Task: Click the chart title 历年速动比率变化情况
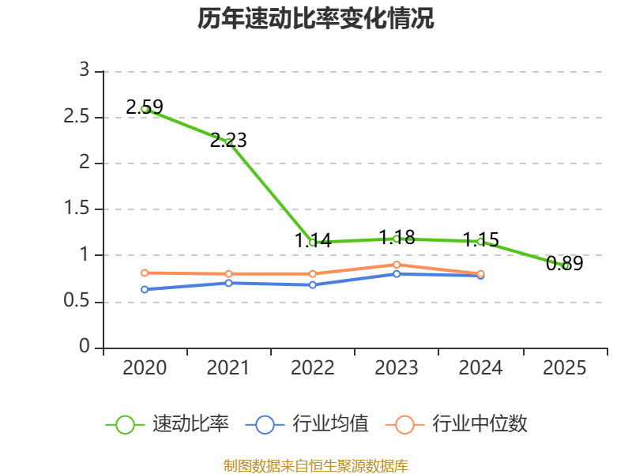[x=315, y=19]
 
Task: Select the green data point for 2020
[x=145, y=109]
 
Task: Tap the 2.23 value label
[x=228, y=141]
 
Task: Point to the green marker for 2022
[x=313, y=243]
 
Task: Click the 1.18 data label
[x=397, y=237]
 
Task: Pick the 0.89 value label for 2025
[x=565, y=263]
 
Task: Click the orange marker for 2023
[x=397, y=265]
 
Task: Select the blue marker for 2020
[x=145, y=289]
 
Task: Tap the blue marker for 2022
[x=313, y=285]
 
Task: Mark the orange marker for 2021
[x=228, y=274]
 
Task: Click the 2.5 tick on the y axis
[x=76, y=116]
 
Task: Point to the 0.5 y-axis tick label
[x=76, y=301]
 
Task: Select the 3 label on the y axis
[x=85, y=70]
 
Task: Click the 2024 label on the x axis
[x=481, y=367]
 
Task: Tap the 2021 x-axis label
[x=228, y=367]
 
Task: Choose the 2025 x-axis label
[x=565, y=367]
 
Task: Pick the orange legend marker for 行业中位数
[x=404, y=425]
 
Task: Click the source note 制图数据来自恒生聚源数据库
[x=316, y=466]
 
